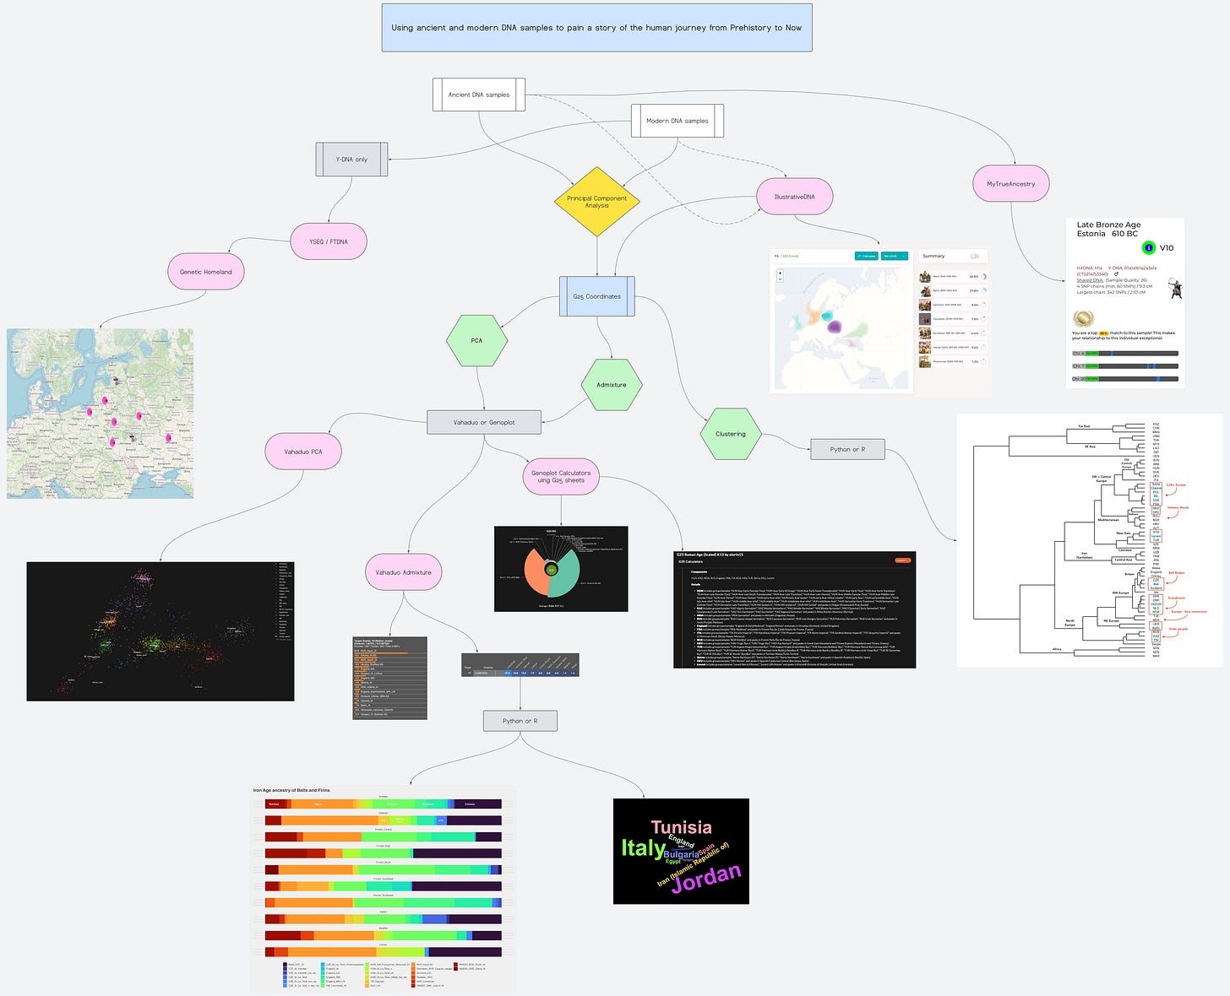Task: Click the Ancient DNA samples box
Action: click(x=478, y=95)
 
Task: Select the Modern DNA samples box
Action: click(x=677, y=121)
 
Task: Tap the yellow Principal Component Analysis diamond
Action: click(x=596, y=202)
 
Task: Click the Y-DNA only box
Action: click(x=351, y=160)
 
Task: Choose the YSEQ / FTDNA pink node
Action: click(x=329, y=241)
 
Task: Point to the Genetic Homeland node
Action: click(x=205, y=272)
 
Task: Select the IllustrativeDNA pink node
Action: click(x=794, y=197)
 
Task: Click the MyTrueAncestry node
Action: click(x=1010, y=183)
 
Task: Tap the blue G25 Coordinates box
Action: click(x=596, y=296)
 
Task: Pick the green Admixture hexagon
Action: click(x=612, y=385)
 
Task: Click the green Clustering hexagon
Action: click(x=730, y=434)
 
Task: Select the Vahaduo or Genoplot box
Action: click(x=484, y=422)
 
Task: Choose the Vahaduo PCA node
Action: click(x=302, y=452)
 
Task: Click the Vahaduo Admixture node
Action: click(x=403, y=572)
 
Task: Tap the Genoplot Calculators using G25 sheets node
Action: click(x=561, y=477)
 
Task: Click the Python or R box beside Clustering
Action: click(x=847, y=449)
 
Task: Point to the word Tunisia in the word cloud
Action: click(x=681, y=827)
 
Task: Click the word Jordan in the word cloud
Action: click(x=706, y=879)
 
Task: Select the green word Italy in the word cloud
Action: click(x=643, y=847)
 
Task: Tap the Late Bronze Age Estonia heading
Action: click(x=1108, y=229)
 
